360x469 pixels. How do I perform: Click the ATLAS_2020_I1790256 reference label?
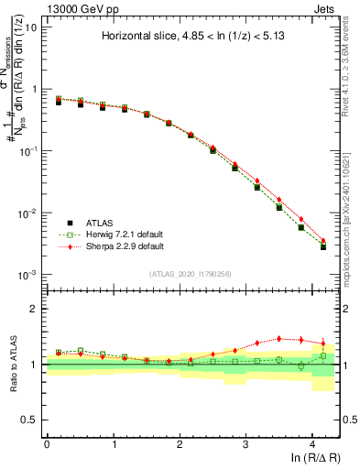[x=191, y=274]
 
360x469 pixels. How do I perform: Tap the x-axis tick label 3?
[x=245, y=444]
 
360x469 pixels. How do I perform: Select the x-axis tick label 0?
[x=47, y=444]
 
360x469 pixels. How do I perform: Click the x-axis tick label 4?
[x=312, y=444]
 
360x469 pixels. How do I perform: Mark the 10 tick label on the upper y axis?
[x=30, y=27]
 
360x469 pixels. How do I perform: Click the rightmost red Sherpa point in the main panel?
[x=322, y=241]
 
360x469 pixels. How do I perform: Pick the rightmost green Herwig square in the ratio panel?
[x=322, y=355]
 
